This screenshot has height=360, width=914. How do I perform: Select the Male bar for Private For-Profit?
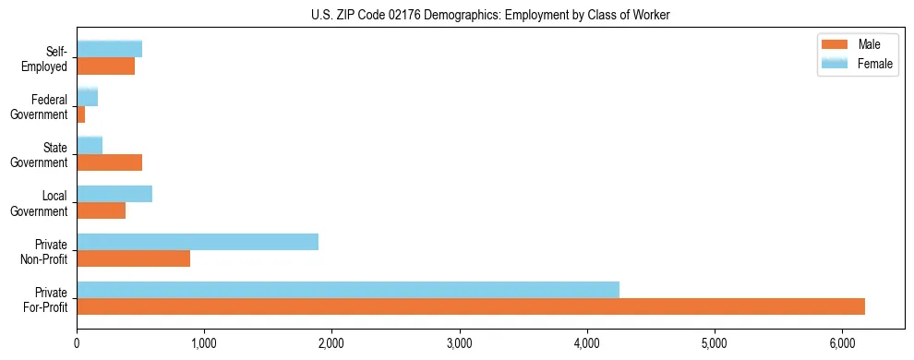click(x=471, y=306)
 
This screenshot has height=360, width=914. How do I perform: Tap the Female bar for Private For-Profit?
click(x=348, y=289)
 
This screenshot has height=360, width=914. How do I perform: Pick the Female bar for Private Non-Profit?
click(x=198, y=242)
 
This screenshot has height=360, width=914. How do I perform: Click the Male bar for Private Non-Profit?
click(x=134, y=258)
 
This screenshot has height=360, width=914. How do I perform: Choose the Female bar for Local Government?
click(x=114, y=194)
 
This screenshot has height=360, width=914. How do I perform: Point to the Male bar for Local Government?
click(x=102, y=210)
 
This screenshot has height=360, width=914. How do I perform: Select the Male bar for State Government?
click(x=110, y=162)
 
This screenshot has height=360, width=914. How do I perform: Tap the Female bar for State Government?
click(x=90, y=145)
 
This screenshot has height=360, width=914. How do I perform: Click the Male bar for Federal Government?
click(x=81, y=114)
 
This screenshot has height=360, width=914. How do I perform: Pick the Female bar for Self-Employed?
click(x=110, y=49)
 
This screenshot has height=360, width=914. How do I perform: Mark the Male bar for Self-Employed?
click(x=106, y=66)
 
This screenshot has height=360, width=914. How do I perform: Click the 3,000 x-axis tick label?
click(x=459, y=343)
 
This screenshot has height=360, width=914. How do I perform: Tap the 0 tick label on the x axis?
click(x=78, y=343)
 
